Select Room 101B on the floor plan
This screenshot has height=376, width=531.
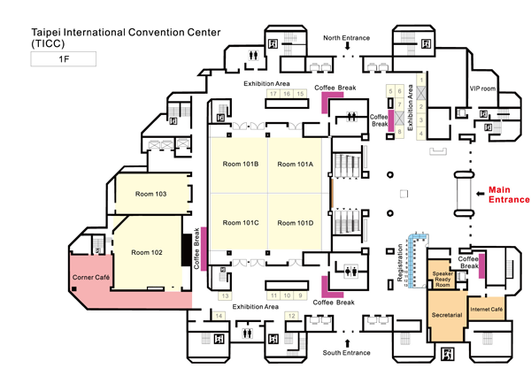click(x=240, y=164)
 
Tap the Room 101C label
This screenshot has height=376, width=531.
click(x=240, y=222)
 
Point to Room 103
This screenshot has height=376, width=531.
click(x=150, y=194)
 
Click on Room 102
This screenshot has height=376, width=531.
click(x=147, y=252)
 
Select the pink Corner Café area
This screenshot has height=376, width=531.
click(x=89, y=278)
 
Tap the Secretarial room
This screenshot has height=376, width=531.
click(x=446, y=315)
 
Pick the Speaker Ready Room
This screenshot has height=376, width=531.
click(x=442, y=279)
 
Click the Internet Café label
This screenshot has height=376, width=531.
click(x=486, y=309)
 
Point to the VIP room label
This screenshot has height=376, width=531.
click(x=482, y=88)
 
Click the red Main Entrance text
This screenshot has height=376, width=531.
click(x=509, y=194)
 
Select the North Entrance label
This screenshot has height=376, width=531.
click(x=346, y=38)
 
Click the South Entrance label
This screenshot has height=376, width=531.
click(x=346, y=353)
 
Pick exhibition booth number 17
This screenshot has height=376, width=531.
click(x=273, y=94)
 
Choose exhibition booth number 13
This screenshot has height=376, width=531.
click(x=225, y=295)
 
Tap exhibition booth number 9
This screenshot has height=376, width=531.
click(x=301, y=295)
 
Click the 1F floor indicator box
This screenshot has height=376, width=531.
click(x=64, y=59)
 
